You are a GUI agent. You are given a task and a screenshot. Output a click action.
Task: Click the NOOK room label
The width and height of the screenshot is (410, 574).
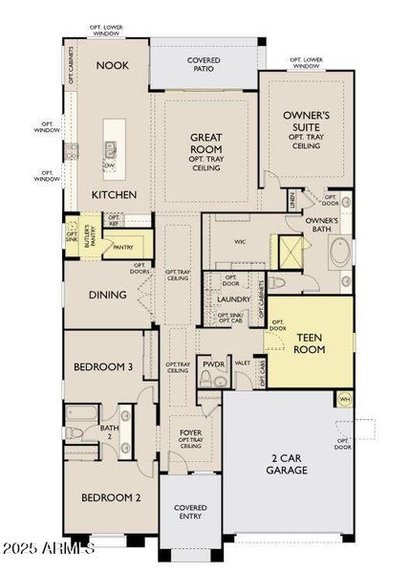[113, 65]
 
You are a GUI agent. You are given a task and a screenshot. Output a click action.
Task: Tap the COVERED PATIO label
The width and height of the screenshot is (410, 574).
[204, 65]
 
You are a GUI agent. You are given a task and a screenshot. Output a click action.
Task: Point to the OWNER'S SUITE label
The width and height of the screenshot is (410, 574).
[306, 121]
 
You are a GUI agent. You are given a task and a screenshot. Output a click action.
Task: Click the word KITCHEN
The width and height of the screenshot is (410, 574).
[114, 194]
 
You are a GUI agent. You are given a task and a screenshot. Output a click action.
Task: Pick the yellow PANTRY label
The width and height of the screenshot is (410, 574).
[122, 247]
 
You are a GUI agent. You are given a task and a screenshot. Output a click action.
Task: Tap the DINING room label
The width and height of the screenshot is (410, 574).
[108, 295]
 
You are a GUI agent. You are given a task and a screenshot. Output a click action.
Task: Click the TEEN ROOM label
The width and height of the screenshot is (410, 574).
[310, 343]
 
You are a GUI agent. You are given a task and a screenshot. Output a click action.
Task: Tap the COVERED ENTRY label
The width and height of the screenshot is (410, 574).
[190, 513]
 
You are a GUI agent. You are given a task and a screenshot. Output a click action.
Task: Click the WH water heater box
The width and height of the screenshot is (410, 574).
[344, 399]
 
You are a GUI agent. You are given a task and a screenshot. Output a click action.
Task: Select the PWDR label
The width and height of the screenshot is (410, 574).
[212, 364]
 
